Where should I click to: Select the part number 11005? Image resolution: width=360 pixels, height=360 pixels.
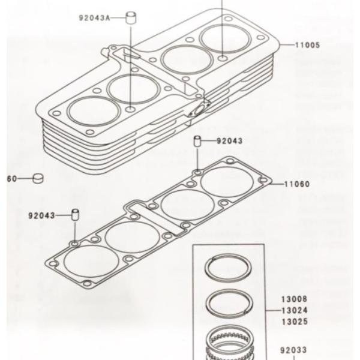point(307,45)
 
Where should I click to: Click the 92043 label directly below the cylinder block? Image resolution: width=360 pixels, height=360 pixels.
point(229,142)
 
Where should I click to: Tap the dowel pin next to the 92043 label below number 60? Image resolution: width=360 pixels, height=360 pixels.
point(76,214)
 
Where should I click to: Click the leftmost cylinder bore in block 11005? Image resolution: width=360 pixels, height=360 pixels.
point(94,112)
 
